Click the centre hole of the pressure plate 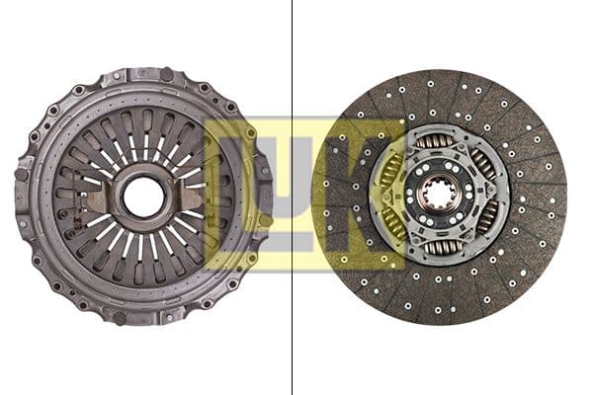click(143, 197)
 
